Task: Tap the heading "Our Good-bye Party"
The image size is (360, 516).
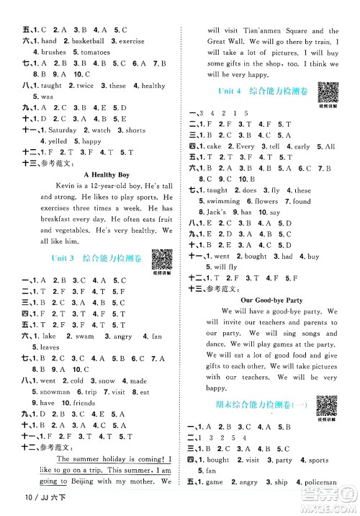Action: click(x=271, y=299)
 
